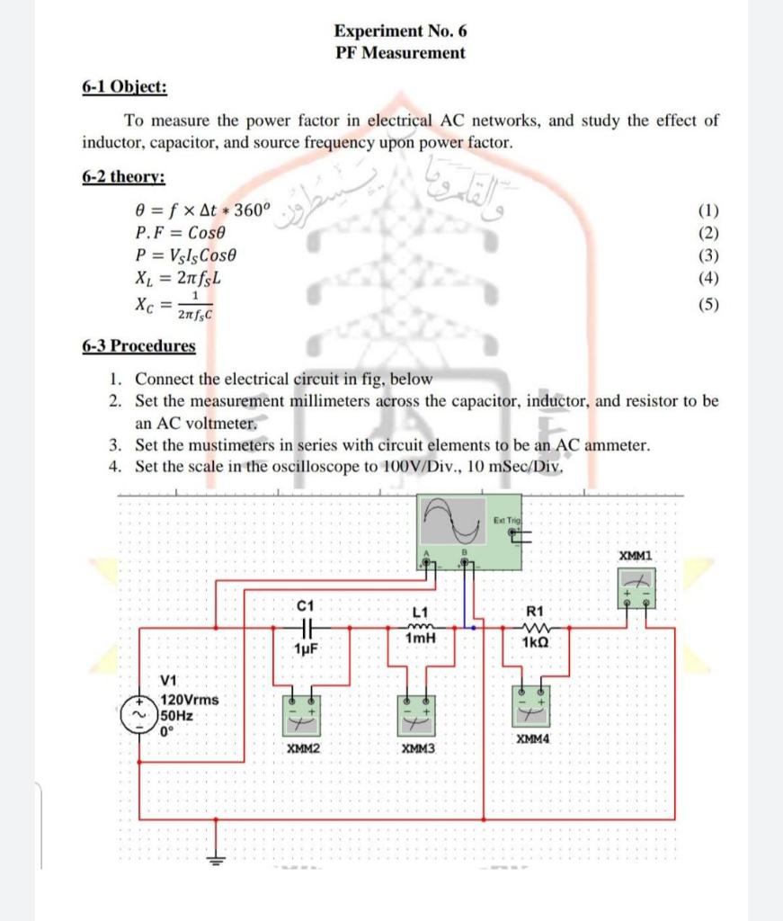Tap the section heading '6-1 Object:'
pos(124,87)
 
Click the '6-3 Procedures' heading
pos(138,346)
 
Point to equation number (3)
pos(708,256)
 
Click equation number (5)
pos(708,304)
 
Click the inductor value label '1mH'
pos(420,638)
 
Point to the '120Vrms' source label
pos(190,700)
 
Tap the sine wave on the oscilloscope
pos(453,518)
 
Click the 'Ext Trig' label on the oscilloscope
pos(507,521)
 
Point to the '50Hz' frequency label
pos(177,716)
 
